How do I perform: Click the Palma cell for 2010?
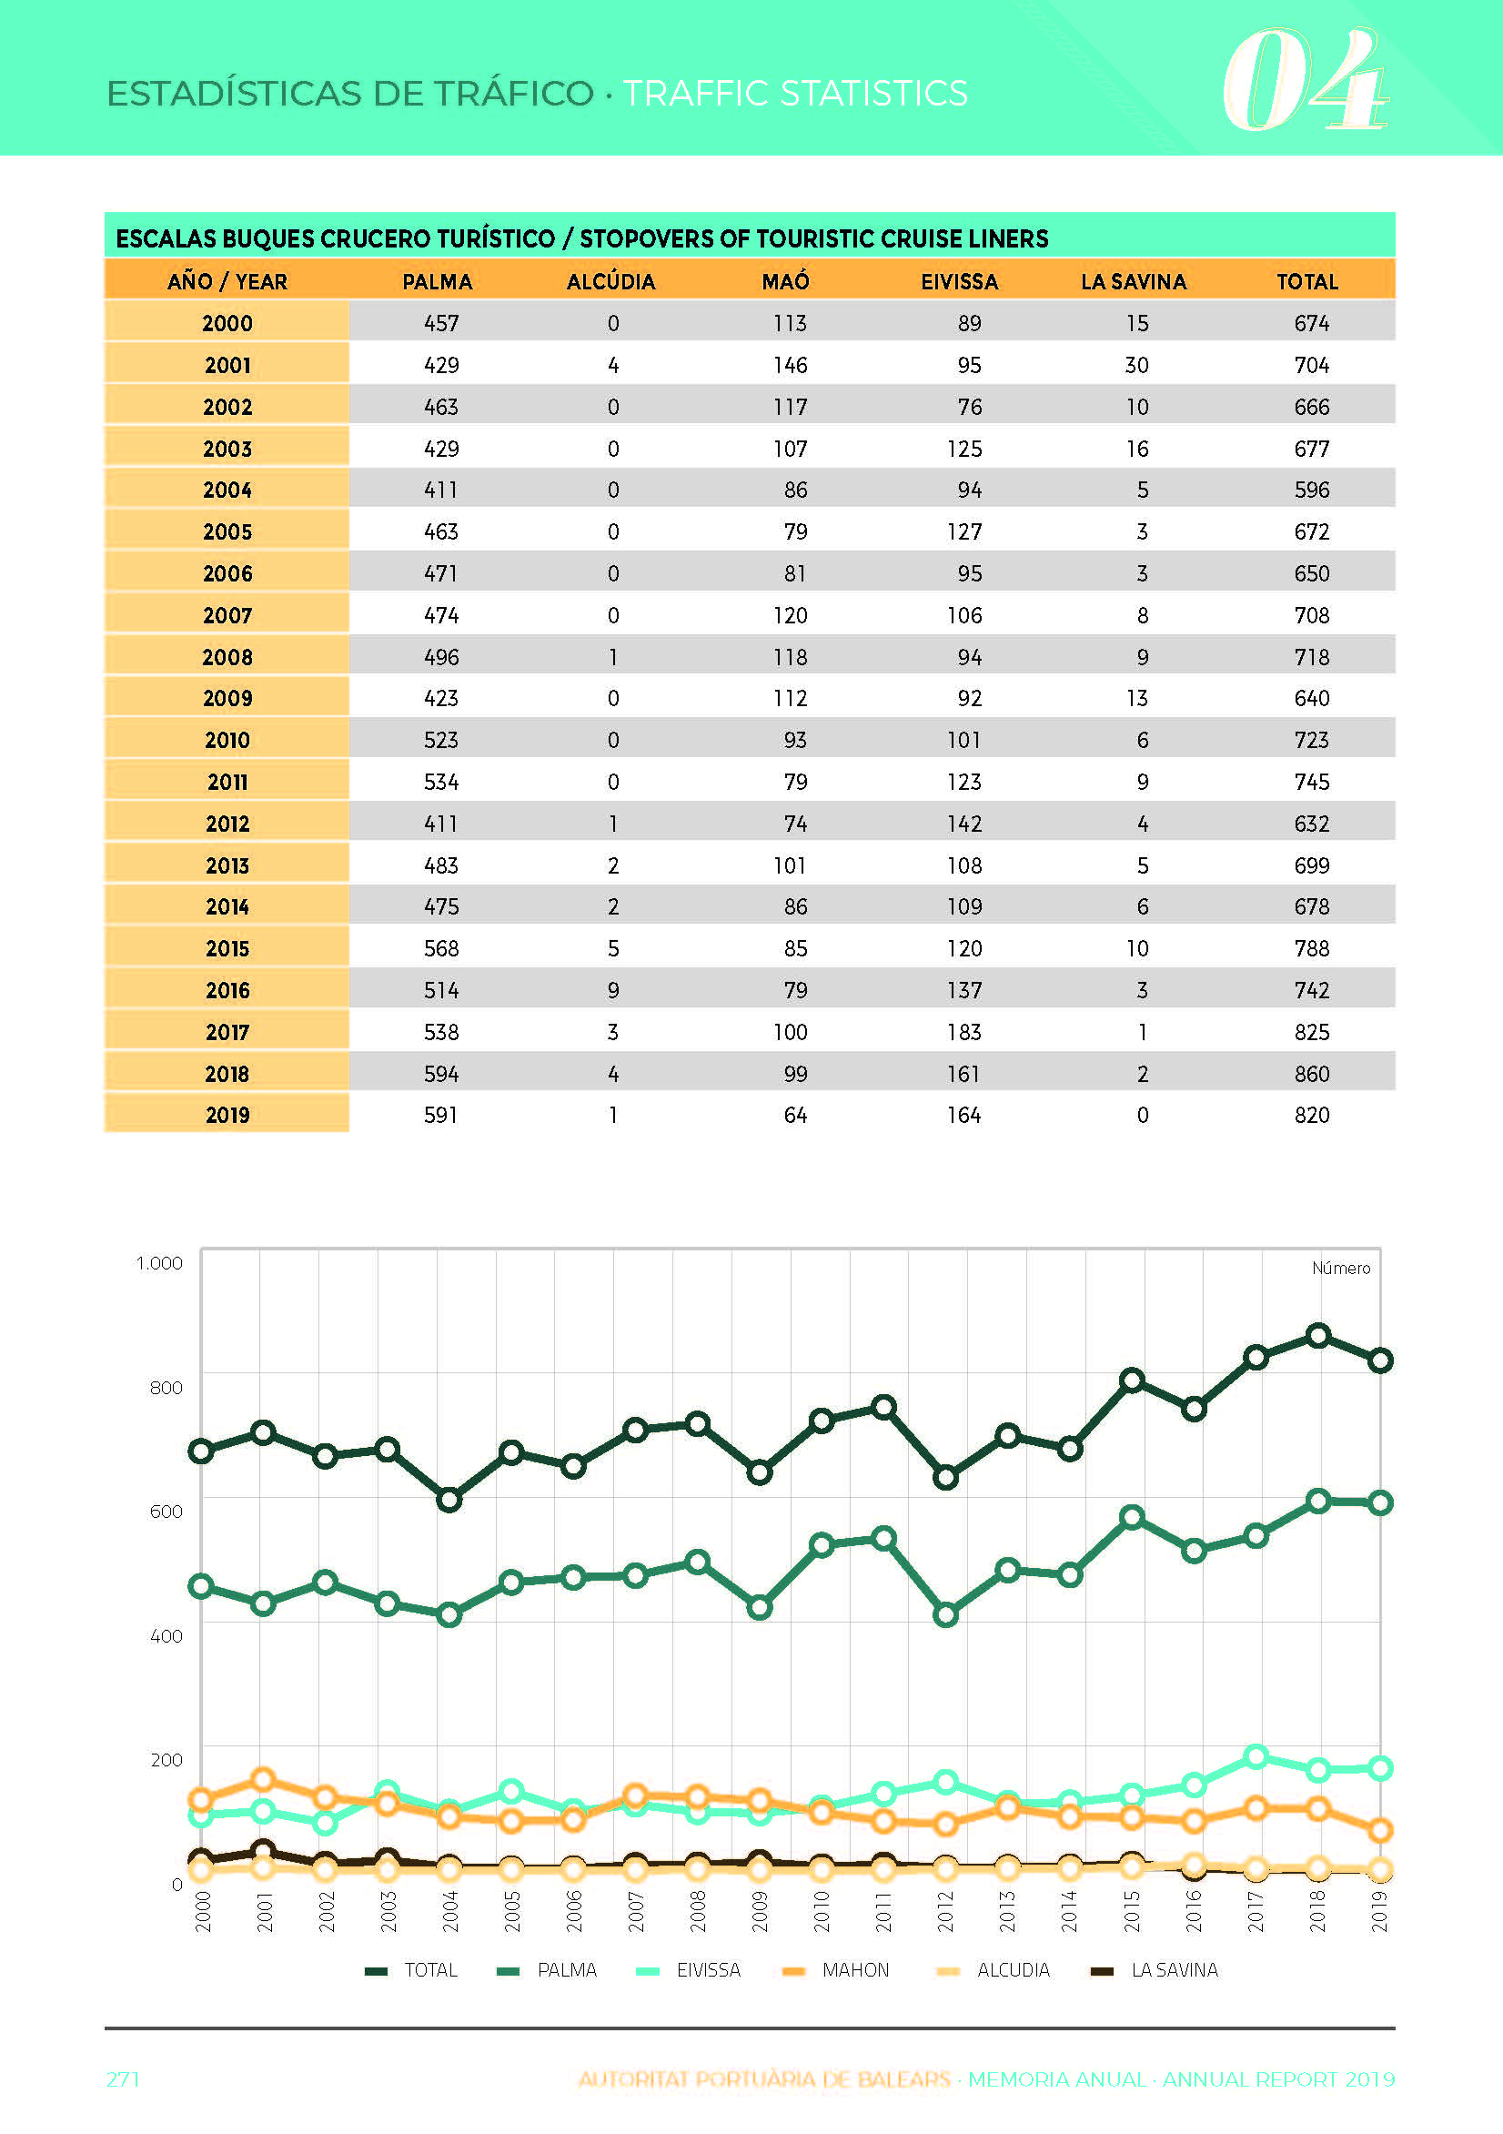pos(440,740)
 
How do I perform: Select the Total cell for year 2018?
pos(1312,1074)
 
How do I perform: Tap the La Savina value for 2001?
pos(1136,365)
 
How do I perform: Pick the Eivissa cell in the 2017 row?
pos(963,1032)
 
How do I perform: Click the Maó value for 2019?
pos(796,1115)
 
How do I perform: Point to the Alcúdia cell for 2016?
pos(613,990)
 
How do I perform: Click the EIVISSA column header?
pos(959,281)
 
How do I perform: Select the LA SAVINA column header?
pos(1133,281)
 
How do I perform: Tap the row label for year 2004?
pos(227,490)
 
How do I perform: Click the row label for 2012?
pos(227,824)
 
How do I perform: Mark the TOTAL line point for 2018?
pos(1318,1336)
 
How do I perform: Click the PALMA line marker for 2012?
pos(945,1615)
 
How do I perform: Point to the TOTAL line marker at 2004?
pos(449,1499)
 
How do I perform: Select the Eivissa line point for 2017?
pos(1256,1755)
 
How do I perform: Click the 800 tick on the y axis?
pos(166,1387)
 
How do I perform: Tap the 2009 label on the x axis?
pos(760,1911)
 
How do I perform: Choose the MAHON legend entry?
pos(836,1969)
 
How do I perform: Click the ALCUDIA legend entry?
pos(993,1969)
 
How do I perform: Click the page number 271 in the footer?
pos(123,2079)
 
